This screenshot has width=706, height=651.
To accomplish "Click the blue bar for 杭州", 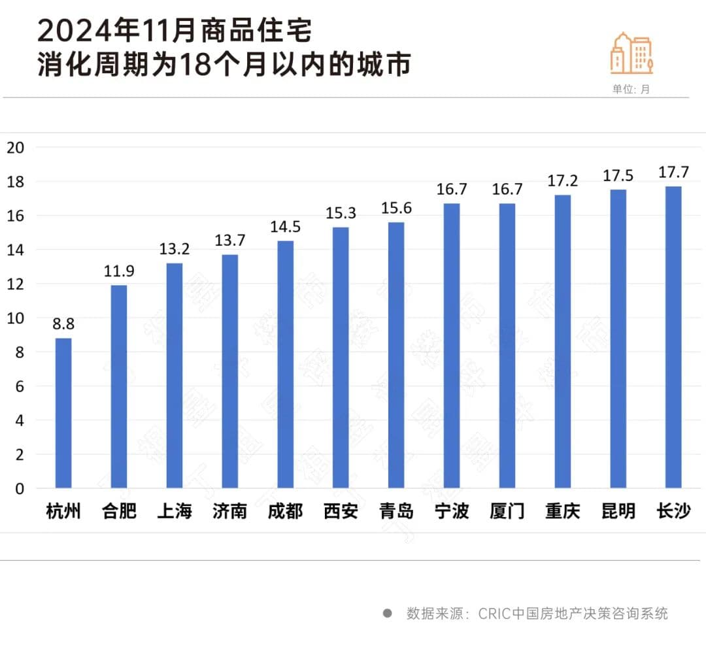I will click(x=63, y=413).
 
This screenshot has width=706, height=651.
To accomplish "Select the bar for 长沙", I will click(x=673, y=337).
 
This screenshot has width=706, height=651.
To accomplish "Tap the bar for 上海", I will click(x=175, y=376).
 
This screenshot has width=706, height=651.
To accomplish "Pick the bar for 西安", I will click(x=341, y=358).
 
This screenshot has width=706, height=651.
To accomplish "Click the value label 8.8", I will click(x=63, y=323).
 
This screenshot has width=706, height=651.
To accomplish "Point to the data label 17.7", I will click(x=673, y=172).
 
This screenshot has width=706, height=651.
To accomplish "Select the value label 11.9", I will click(x=119, y=271).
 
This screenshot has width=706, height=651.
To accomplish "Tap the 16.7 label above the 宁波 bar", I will click(x=452, y=189).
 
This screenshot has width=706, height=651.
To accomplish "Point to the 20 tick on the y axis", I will click(x=15, y=147).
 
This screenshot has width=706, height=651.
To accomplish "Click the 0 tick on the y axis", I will click(x=20, y=488).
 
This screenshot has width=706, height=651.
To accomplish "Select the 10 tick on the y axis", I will click(x=15, y=318).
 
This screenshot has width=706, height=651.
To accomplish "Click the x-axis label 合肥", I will click(x=119, y=510).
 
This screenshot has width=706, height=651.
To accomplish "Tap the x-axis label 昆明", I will click(x=618, y=510).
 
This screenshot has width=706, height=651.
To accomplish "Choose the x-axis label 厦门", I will click(x=507, y=510).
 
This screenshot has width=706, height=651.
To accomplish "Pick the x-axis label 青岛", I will click(x=396, y=510).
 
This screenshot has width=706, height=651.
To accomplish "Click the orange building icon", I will click(x=631, y=53).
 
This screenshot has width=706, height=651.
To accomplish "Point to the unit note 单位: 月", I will click(x=631, y=90).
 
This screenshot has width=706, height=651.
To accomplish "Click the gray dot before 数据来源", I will click(x=388, y=614).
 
